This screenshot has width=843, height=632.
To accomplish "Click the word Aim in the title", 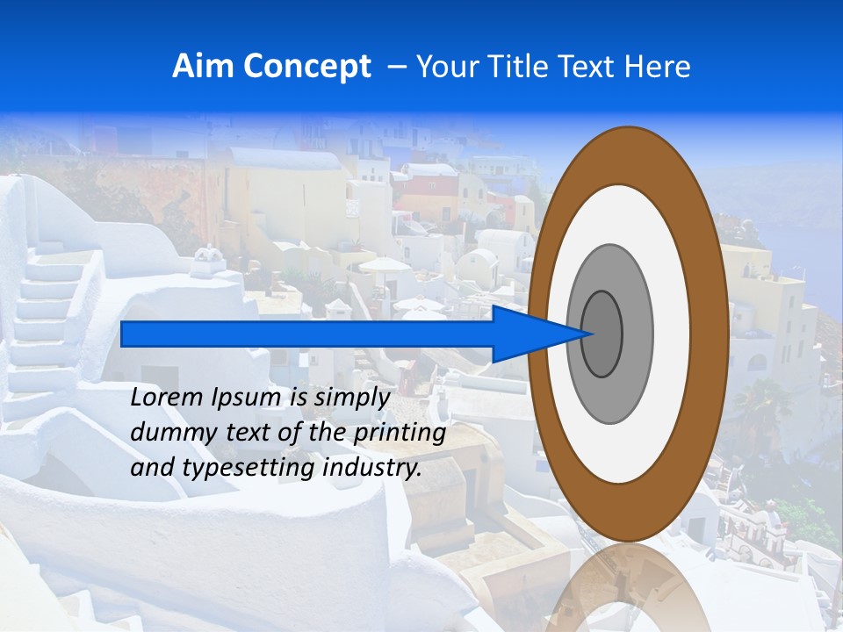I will pos(204,67).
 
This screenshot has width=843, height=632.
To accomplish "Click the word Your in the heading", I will pos(445,67).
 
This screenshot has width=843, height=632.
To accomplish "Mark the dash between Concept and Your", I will pos(396,67).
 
